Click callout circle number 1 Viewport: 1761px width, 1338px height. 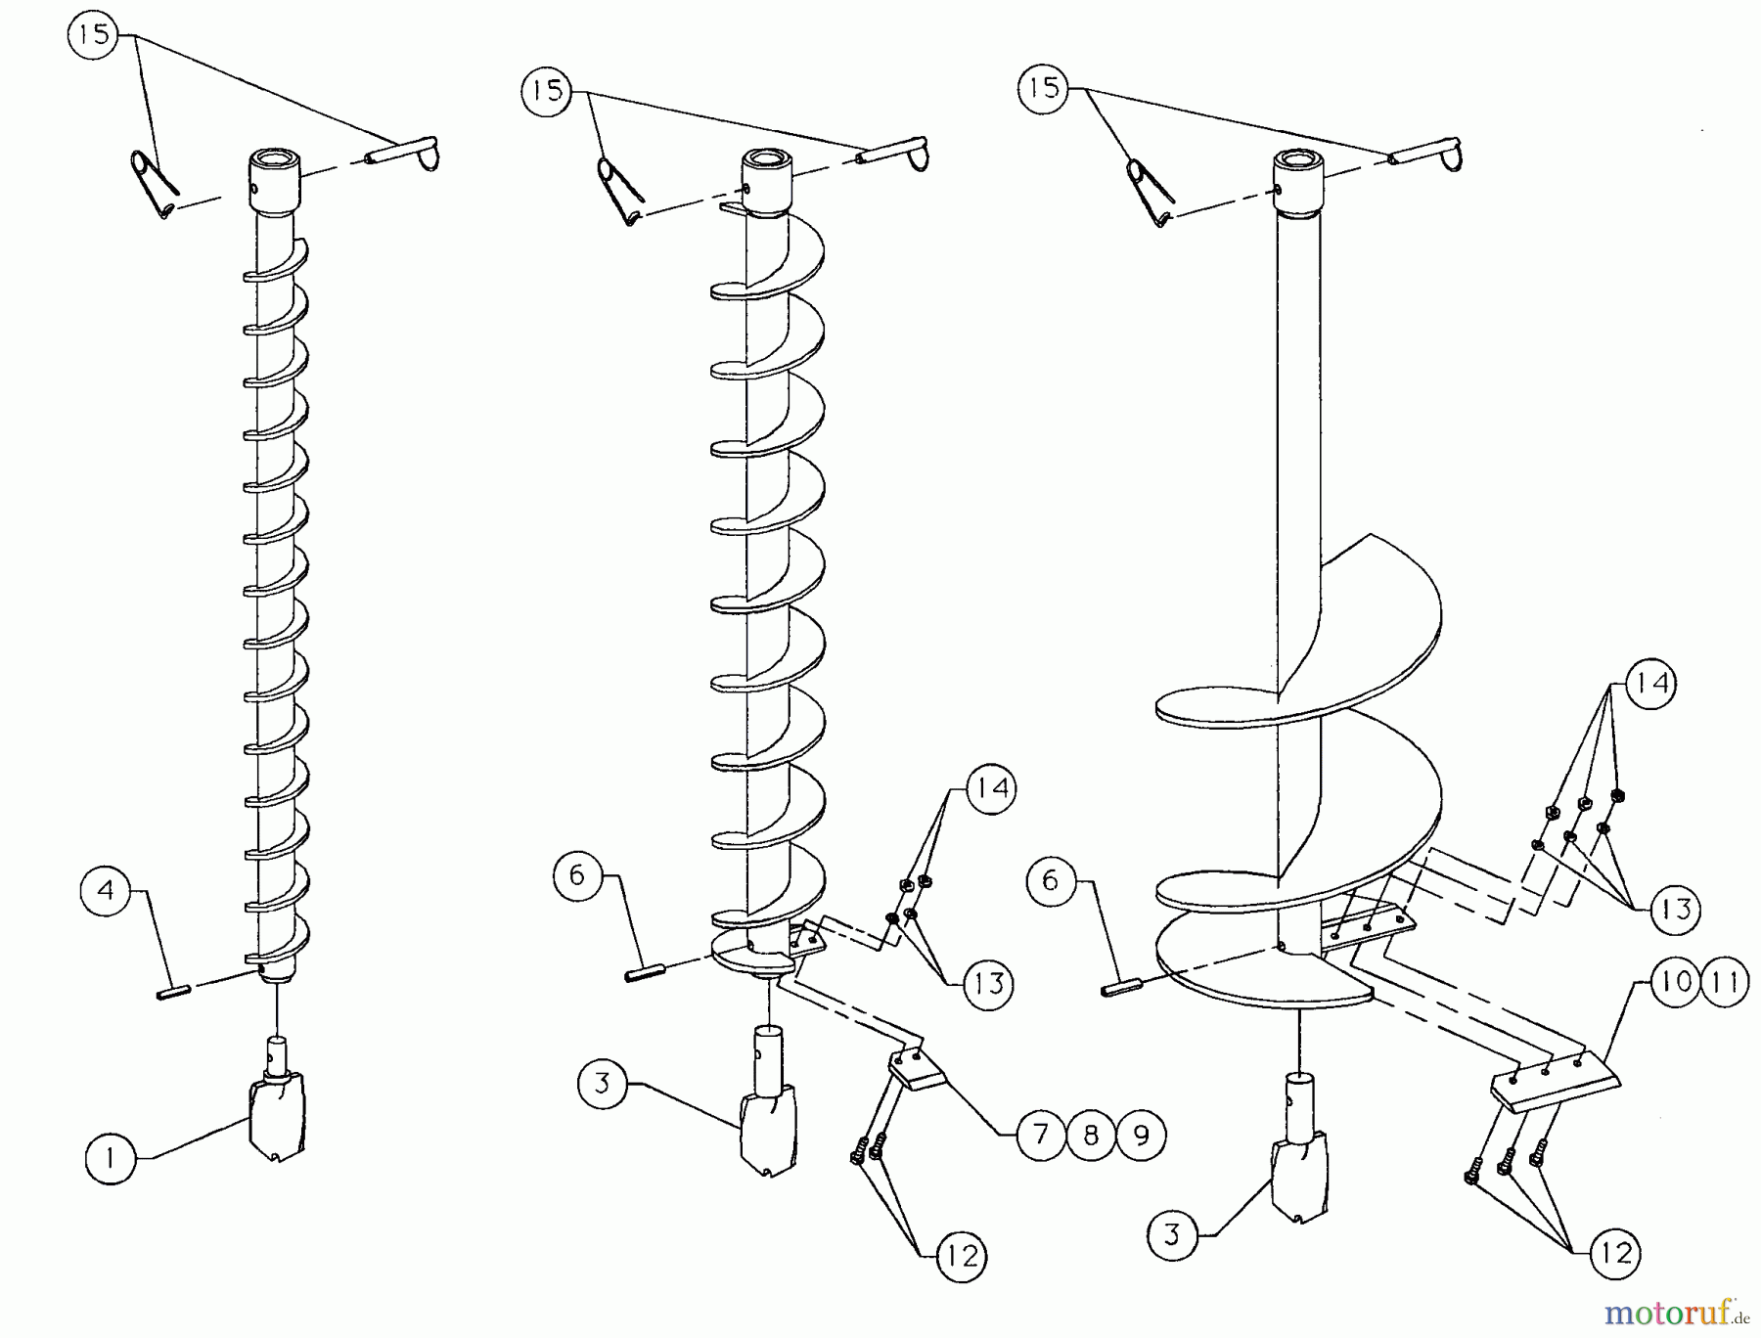pos(110,1159)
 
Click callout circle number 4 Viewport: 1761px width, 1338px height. pos(106,890)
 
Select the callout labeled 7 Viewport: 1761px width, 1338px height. pos(1040,1135)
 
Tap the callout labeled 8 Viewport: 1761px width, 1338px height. pos(1091,1135)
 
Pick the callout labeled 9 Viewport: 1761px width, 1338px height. pos(1141,1135)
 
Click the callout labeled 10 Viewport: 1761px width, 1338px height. pos(1676,981)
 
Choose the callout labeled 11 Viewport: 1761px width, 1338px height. pos(1726,981)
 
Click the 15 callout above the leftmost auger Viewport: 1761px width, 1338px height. pos(92,36)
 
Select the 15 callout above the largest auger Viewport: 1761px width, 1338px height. pos(1043,88)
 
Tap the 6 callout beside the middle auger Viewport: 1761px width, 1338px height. pos(576,875)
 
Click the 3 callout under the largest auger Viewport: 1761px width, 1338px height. pos(1173,1235)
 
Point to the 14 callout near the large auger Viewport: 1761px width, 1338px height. pos(1650,684)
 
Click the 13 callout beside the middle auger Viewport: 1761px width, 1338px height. pos(989,983)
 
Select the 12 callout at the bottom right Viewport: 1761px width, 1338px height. pos(1615,1254)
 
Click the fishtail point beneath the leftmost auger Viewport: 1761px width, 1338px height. pos(278,1115)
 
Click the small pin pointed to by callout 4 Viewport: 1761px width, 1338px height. pos(172,995)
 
